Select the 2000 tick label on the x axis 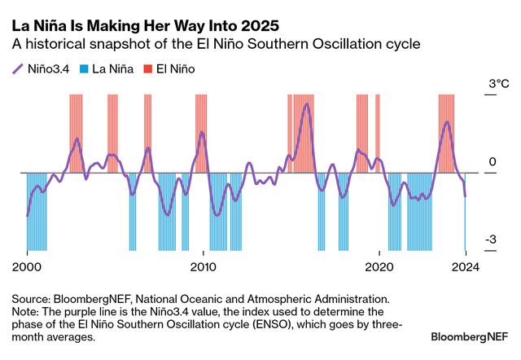27,266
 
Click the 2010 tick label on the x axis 203,266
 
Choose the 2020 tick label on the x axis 379,266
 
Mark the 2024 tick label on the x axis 465,266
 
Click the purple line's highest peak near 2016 306,103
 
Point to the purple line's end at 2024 465,195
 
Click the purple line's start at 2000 27,215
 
